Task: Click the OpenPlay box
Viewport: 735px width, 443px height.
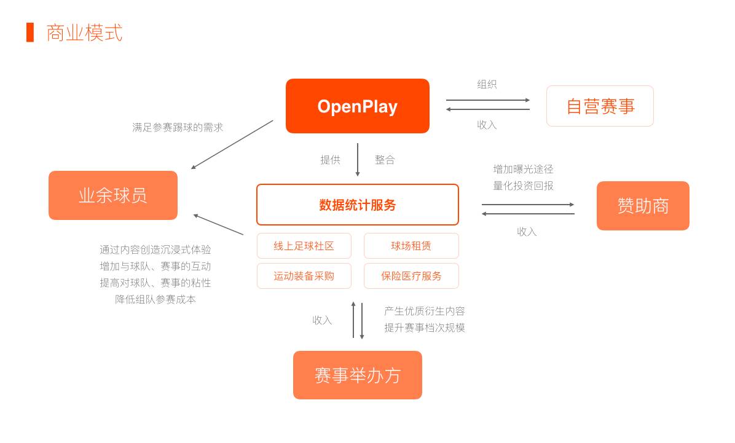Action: [x=357, y=106]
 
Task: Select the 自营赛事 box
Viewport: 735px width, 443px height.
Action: [x=600, y=106]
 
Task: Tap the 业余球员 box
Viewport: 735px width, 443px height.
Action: [x=113, y=195]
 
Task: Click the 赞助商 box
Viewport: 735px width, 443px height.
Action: [x=643, y=206]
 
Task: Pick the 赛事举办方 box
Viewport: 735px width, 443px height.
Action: [x=357, y=375]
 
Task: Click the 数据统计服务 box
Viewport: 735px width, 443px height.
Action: [x=357, y=205]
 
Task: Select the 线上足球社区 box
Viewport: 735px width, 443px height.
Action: [x=304, y=246]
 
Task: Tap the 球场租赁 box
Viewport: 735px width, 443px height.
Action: [x=411, y=246]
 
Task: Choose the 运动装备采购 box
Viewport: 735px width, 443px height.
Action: [x=304, y=276]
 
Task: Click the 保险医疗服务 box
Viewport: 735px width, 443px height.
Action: [x=411, y=276]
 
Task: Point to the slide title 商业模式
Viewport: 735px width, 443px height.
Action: [x=84, y=33]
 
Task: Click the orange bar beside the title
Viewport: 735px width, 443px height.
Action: [x=30, y=33]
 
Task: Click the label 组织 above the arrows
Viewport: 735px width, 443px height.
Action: [x=487, y=84]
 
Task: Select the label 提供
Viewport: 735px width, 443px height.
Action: [x=330, y=160]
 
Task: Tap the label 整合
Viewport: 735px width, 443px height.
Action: [x=385, y=160]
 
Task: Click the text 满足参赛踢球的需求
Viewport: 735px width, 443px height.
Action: [x=178, y=127]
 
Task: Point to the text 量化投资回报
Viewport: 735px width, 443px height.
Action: [x=523, y=186]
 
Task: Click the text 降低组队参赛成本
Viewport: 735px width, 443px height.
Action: [x=155, y=299]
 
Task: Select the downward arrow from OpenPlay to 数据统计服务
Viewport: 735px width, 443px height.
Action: [x=358, y=160]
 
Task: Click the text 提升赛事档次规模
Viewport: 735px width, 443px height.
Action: [x=425, y=327]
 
